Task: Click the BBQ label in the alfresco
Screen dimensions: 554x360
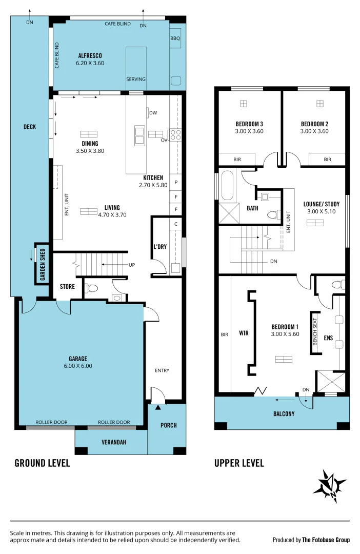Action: [175, 38]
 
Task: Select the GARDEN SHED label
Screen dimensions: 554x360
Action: [43, 265]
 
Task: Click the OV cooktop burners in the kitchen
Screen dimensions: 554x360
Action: [175, 134]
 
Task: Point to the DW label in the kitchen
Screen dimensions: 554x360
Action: [153, 113]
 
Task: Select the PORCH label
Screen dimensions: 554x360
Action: [168, 425]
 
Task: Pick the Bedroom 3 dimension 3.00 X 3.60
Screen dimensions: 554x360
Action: [249, 131]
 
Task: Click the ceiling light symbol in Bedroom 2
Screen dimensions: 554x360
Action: [320, 104]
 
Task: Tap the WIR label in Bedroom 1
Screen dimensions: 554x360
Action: [244, 333]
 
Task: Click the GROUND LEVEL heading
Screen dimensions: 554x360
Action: [42, 463]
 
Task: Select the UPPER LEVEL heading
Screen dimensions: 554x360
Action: [239, 463]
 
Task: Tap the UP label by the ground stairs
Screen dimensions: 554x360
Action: [132, 265]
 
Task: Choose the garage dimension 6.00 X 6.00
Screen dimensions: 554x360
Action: [78, 366]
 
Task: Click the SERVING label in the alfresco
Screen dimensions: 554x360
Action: [136, 79]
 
